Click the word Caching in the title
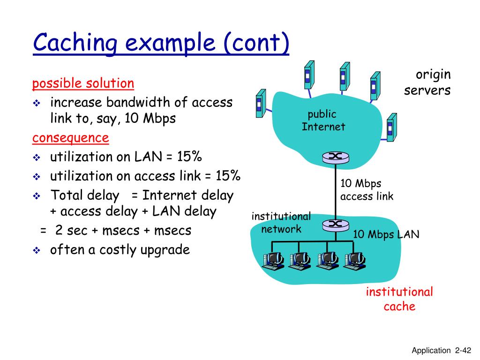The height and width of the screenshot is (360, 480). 75,44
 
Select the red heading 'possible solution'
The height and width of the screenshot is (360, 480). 83,84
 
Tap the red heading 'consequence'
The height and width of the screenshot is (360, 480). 70,138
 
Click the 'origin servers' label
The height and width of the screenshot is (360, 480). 427,82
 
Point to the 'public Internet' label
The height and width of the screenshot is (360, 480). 323,120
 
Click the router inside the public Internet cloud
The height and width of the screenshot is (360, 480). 336,157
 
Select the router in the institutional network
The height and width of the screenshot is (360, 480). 336,225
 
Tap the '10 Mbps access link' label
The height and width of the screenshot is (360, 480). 367,190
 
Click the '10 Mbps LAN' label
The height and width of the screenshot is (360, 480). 386,234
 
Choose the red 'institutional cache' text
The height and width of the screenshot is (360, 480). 399,299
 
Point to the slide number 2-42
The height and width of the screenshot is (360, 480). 462,350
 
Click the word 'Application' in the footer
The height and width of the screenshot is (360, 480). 430,350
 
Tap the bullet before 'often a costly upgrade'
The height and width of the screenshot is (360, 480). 37,251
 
